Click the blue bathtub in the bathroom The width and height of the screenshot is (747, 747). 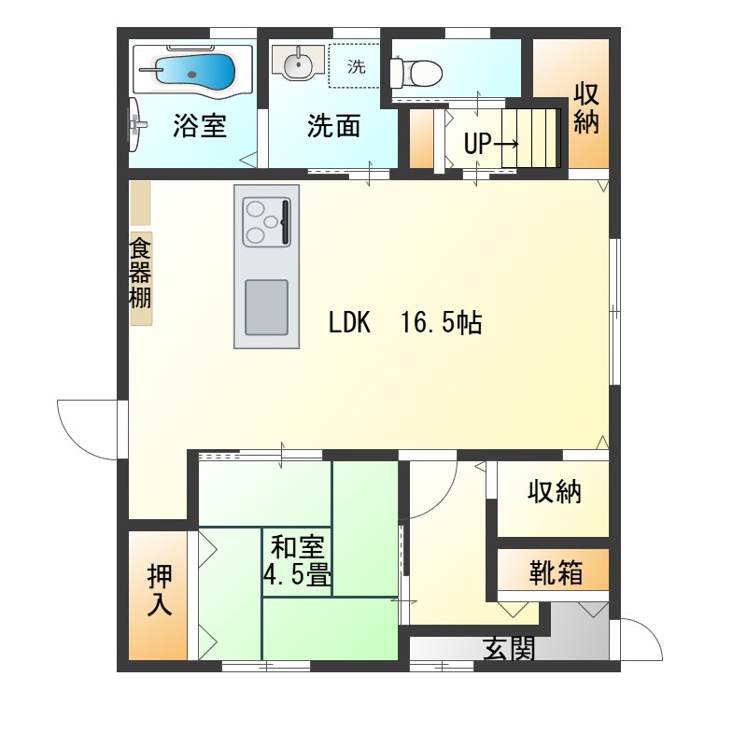coord(194,71)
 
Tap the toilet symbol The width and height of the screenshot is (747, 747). coord(416,69)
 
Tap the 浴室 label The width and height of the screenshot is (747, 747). coord(199,126)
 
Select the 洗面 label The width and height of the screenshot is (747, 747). coord(333,126)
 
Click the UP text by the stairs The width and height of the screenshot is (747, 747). coord(477,144)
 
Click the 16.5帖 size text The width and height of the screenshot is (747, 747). coord(441,323)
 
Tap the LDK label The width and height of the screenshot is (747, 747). coord(350,323)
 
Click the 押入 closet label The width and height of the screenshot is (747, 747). coord(159,591)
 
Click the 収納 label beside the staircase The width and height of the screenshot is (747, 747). coord(585,108)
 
